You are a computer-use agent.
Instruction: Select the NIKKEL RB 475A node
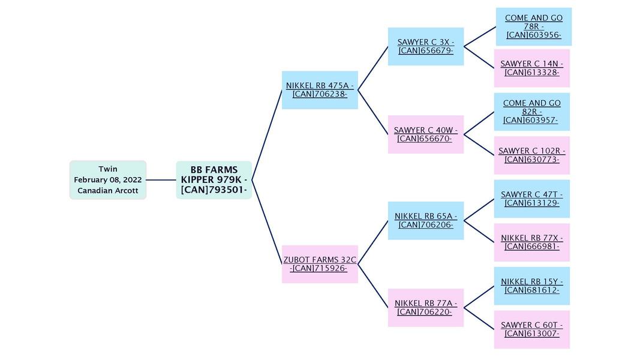(320, 90)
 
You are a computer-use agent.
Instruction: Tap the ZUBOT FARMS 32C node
(320, 264)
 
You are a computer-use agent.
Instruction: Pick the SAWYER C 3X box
(425, 46)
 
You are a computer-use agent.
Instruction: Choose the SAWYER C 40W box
(425, 134)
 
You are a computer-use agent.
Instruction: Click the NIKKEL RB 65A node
(425, 220)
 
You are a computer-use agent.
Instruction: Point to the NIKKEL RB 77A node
(425, 308)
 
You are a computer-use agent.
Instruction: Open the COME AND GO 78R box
(533, 26)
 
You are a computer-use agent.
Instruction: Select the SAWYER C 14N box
(531, 68)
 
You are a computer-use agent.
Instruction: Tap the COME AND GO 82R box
(531, 112)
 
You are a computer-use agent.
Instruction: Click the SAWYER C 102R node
(531, 155)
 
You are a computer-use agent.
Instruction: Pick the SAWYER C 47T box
(531, 199)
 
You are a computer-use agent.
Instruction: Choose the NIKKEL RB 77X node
(531, 242)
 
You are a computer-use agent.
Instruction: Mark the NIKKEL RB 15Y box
(531, 286)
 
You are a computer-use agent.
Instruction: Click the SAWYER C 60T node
(531, 329)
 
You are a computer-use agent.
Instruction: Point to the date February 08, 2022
(108, 180)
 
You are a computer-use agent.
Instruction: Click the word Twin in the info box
(108, 169)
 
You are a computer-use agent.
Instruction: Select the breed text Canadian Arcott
(108, 191)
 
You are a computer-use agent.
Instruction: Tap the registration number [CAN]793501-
(214, 190)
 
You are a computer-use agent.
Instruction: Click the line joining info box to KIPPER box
(161, 180)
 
